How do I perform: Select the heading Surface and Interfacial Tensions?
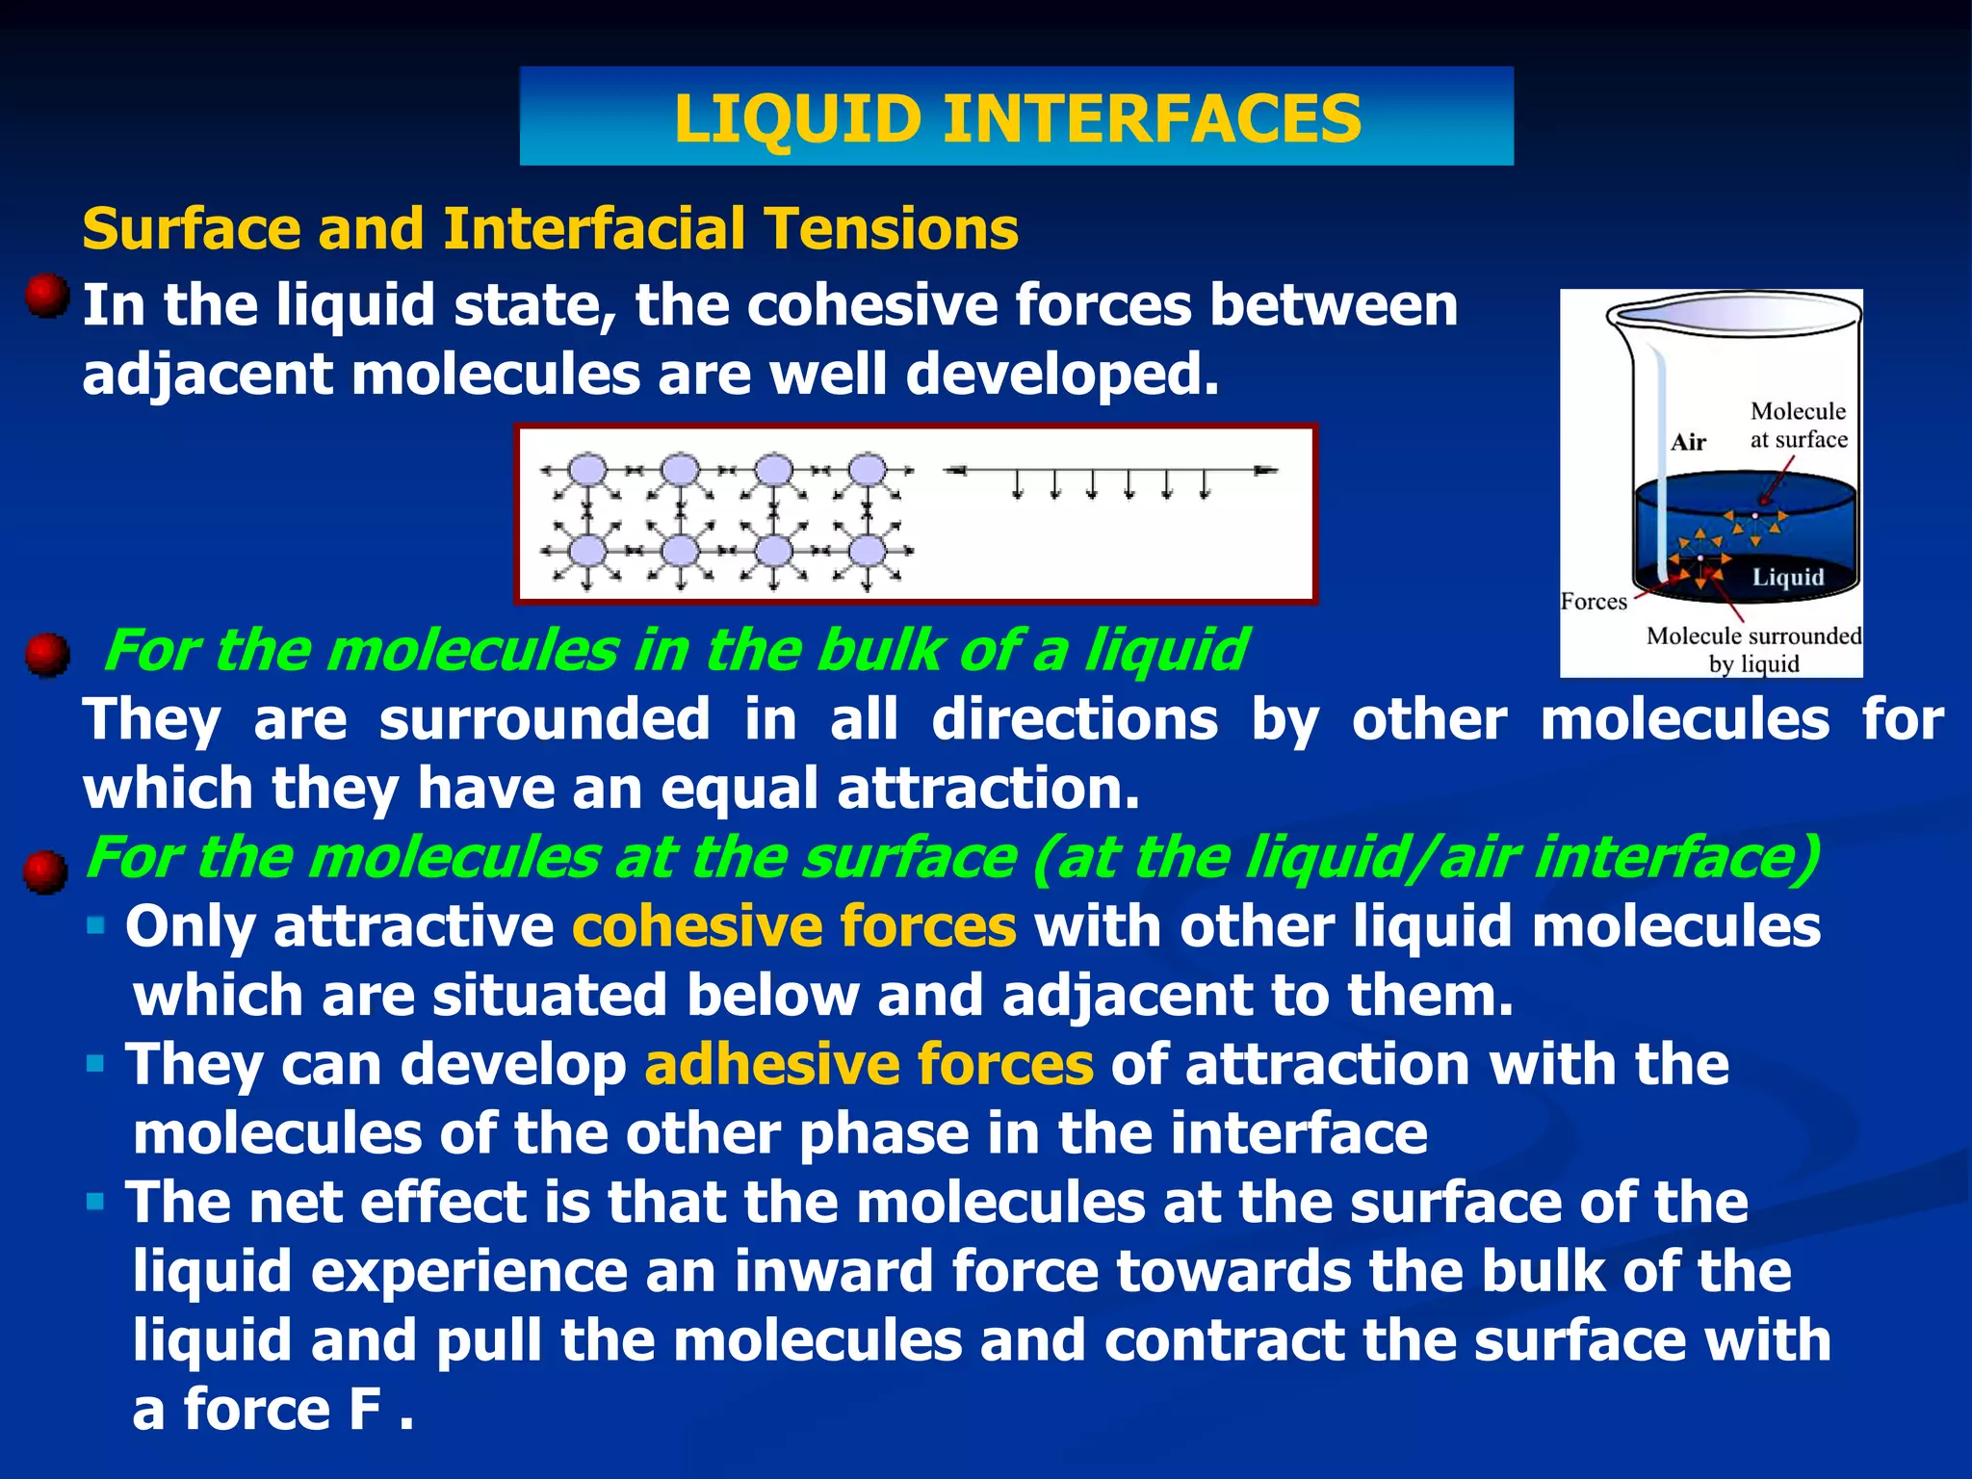point(550,229)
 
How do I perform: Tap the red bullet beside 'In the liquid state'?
point(46,296)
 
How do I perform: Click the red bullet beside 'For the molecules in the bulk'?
point(46,655)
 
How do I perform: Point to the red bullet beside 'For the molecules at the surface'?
point(46,871)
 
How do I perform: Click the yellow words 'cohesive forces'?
point(793,926)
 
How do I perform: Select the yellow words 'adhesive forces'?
point(869,1064)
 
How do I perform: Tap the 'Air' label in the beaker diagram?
point(1688,442)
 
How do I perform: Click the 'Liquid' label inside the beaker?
point(1787,577)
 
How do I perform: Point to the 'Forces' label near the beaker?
point(1594,602)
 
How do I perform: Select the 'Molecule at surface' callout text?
point(1798,425)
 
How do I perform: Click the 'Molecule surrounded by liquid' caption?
point(1753,649)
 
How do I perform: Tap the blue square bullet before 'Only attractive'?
point(95,926)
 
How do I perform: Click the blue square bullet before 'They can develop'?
point(95,1064)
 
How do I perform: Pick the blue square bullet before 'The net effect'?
point(95,1202)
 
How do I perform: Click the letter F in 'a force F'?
point(365,1410)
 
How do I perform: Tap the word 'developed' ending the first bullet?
point(1061,374)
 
